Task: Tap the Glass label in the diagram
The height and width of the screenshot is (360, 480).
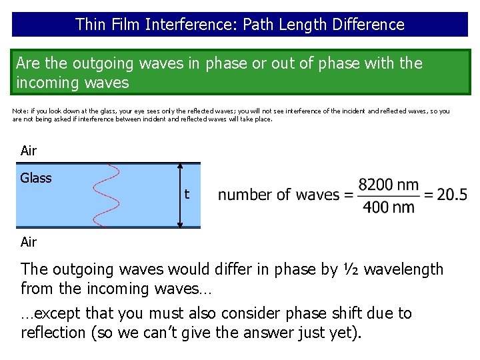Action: pos(36,178)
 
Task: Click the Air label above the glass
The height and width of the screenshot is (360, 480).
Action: pos(29,151)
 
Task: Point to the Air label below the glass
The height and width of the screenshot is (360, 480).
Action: pos(29,242)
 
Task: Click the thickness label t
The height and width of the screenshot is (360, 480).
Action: pos(187,195)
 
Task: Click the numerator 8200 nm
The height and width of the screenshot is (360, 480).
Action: pos(389,185)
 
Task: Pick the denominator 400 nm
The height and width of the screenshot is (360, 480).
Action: pos(389,207)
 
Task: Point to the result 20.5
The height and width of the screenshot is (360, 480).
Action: pos(453,195)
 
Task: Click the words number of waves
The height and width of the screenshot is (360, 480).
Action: pos(279,195)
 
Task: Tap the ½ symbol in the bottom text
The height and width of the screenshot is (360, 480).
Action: pos(350,269)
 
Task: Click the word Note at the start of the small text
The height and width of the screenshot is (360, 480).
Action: pos(20,111)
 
